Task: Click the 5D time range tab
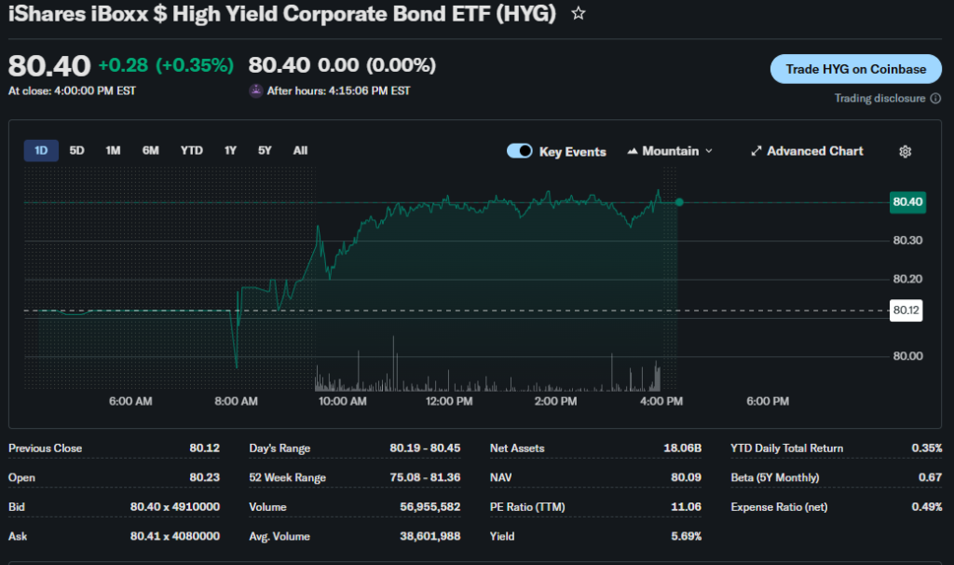(x=77, y=150)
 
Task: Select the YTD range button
(x=192, y=150)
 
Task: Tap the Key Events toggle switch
(x=520, y=151)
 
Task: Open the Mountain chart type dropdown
(x=671, y=151)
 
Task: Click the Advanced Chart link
(x=807, y=151)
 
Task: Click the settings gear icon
(x=905, y=152)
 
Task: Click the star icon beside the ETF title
(x=579, y=13)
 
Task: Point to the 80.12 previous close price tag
(x=906, y=310)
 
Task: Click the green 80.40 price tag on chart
(x=906, y=201)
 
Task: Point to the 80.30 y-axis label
(x=907, y=241)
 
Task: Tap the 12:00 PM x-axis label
(x=450, y=401)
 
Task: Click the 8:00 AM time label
(x=237, y=401)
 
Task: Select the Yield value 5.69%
(x=685, y=536)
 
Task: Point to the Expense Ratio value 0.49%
(x=926, y=507)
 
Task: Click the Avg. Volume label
(x=279, y=536)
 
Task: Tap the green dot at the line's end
(x=679, y=202)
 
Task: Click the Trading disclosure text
(x=880, y=98)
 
